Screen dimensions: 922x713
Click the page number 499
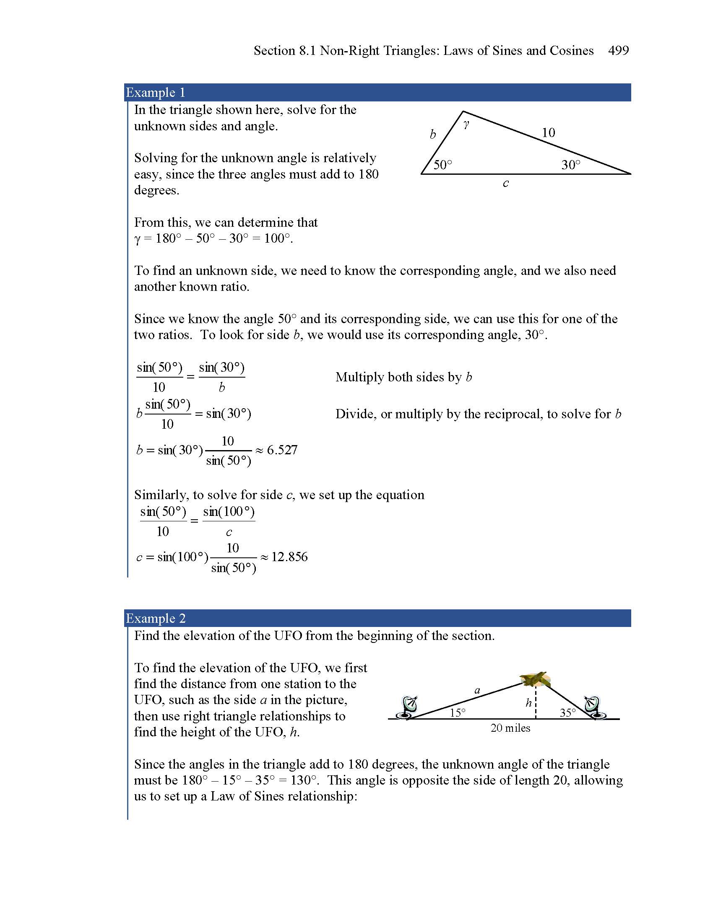[x=618, y=51]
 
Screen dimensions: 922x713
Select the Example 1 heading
[x=156, y=93]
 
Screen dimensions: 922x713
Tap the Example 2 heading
[x=156, y=618]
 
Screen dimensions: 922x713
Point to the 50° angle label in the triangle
[x=442, y=165]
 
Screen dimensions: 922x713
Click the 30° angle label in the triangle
[x=571, y=165]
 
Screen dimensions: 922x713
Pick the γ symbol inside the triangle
[x=466, y=124]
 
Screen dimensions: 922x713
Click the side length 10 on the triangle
[x=548, y=132]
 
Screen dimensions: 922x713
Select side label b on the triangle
[x=432, y=134]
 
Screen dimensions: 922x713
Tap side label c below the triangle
[x=506, y=183]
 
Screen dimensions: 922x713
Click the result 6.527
[x=282, y=450]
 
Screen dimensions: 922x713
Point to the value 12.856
[x=289, y=557]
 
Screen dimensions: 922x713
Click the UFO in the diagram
[x=535, y=679]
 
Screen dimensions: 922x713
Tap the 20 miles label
[x=510, y=728]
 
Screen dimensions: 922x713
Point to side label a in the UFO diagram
[x=477, y=691]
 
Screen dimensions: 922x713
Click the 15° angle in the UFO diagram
[x=458, y=712]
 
